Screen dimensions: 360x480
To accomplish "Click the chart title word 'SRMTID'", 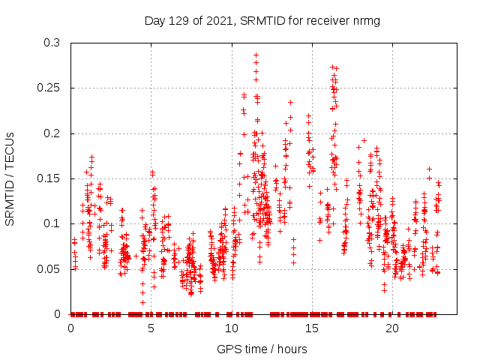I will tap(267, 21).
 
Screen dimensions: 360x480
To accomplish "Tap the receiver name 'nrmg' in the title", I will tap(367, 21).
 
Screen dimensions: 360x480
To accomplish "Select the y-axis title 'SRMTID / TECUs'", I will tap(10, 178).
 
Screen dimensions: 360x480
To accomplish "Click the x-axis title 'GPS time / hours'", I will tap(262, 349).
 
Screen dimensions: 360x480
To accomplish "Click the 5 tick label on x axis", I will tap(151, 328).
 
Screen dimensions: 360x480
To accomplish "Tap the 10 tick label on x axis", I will tap(231, 328).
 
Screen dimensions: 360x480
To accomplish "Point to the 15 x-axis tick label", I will tap(311, 328).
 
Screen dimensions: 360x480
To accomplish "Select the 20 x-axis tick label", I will tap(391, 328).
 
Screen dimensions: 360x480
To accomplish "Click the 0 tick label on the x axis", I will tap(70, 328).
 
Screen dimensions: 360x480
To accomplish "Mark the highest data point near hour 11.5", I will tap(256, 55).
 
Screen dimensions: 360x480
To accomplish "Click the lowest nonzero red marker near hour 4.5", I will tap(142, 302).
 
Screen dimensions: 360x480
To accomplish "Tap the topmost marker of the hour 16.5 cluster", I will tap(332, 67).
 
